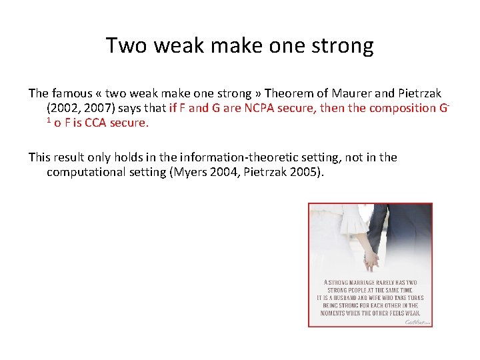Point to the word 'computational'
tap(85, 172)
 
